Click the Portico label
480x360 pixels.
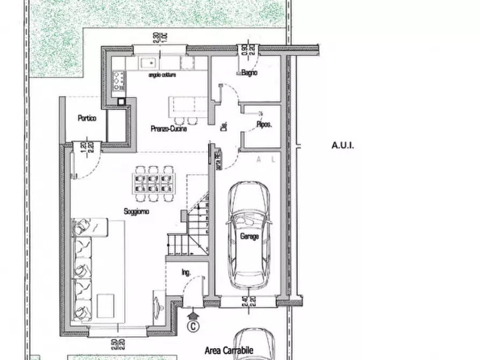click(87, 118)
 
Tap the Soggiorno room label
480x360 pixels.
click(137, 212)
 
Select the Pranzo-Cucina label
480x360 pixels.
click(169, 129)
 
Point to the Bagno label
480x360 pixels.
click(249, 73)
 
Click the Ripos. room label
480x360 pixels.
click(263, 124)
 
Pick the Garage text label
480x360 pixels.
click(249, 236)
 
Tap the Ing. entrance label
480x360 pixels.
click(187, 273)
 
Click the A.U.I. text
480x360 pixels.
click(343, 145)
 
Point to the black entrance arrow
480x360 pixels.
click(193, 311)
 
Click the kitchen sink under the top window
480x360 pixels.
click(148, 63)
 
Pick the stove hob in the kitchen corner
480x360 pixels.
click(118, 80)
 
